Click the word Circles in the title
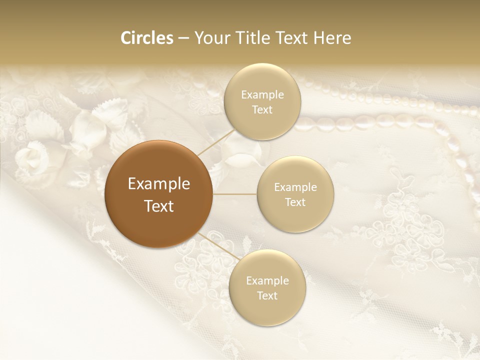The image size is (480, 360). click(146, 38)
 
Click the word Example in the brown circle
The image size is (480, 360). click(159, 184)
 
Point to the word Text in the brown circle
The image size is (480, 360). click(159, 206)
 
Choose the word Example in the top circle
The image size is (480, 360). click(262, 94)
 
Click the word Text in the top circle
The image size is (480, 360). click(262, 109)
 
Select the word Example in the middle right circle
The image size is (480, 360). click(295, 187)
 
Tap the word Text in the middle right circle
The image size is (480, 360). click(295, 202)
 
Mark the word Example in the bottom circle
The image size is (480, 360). click(267, 280)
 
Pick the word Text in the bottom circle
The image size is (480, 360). click(267, 295)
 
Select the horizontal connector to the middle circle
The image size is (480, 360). click(235, 194)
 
